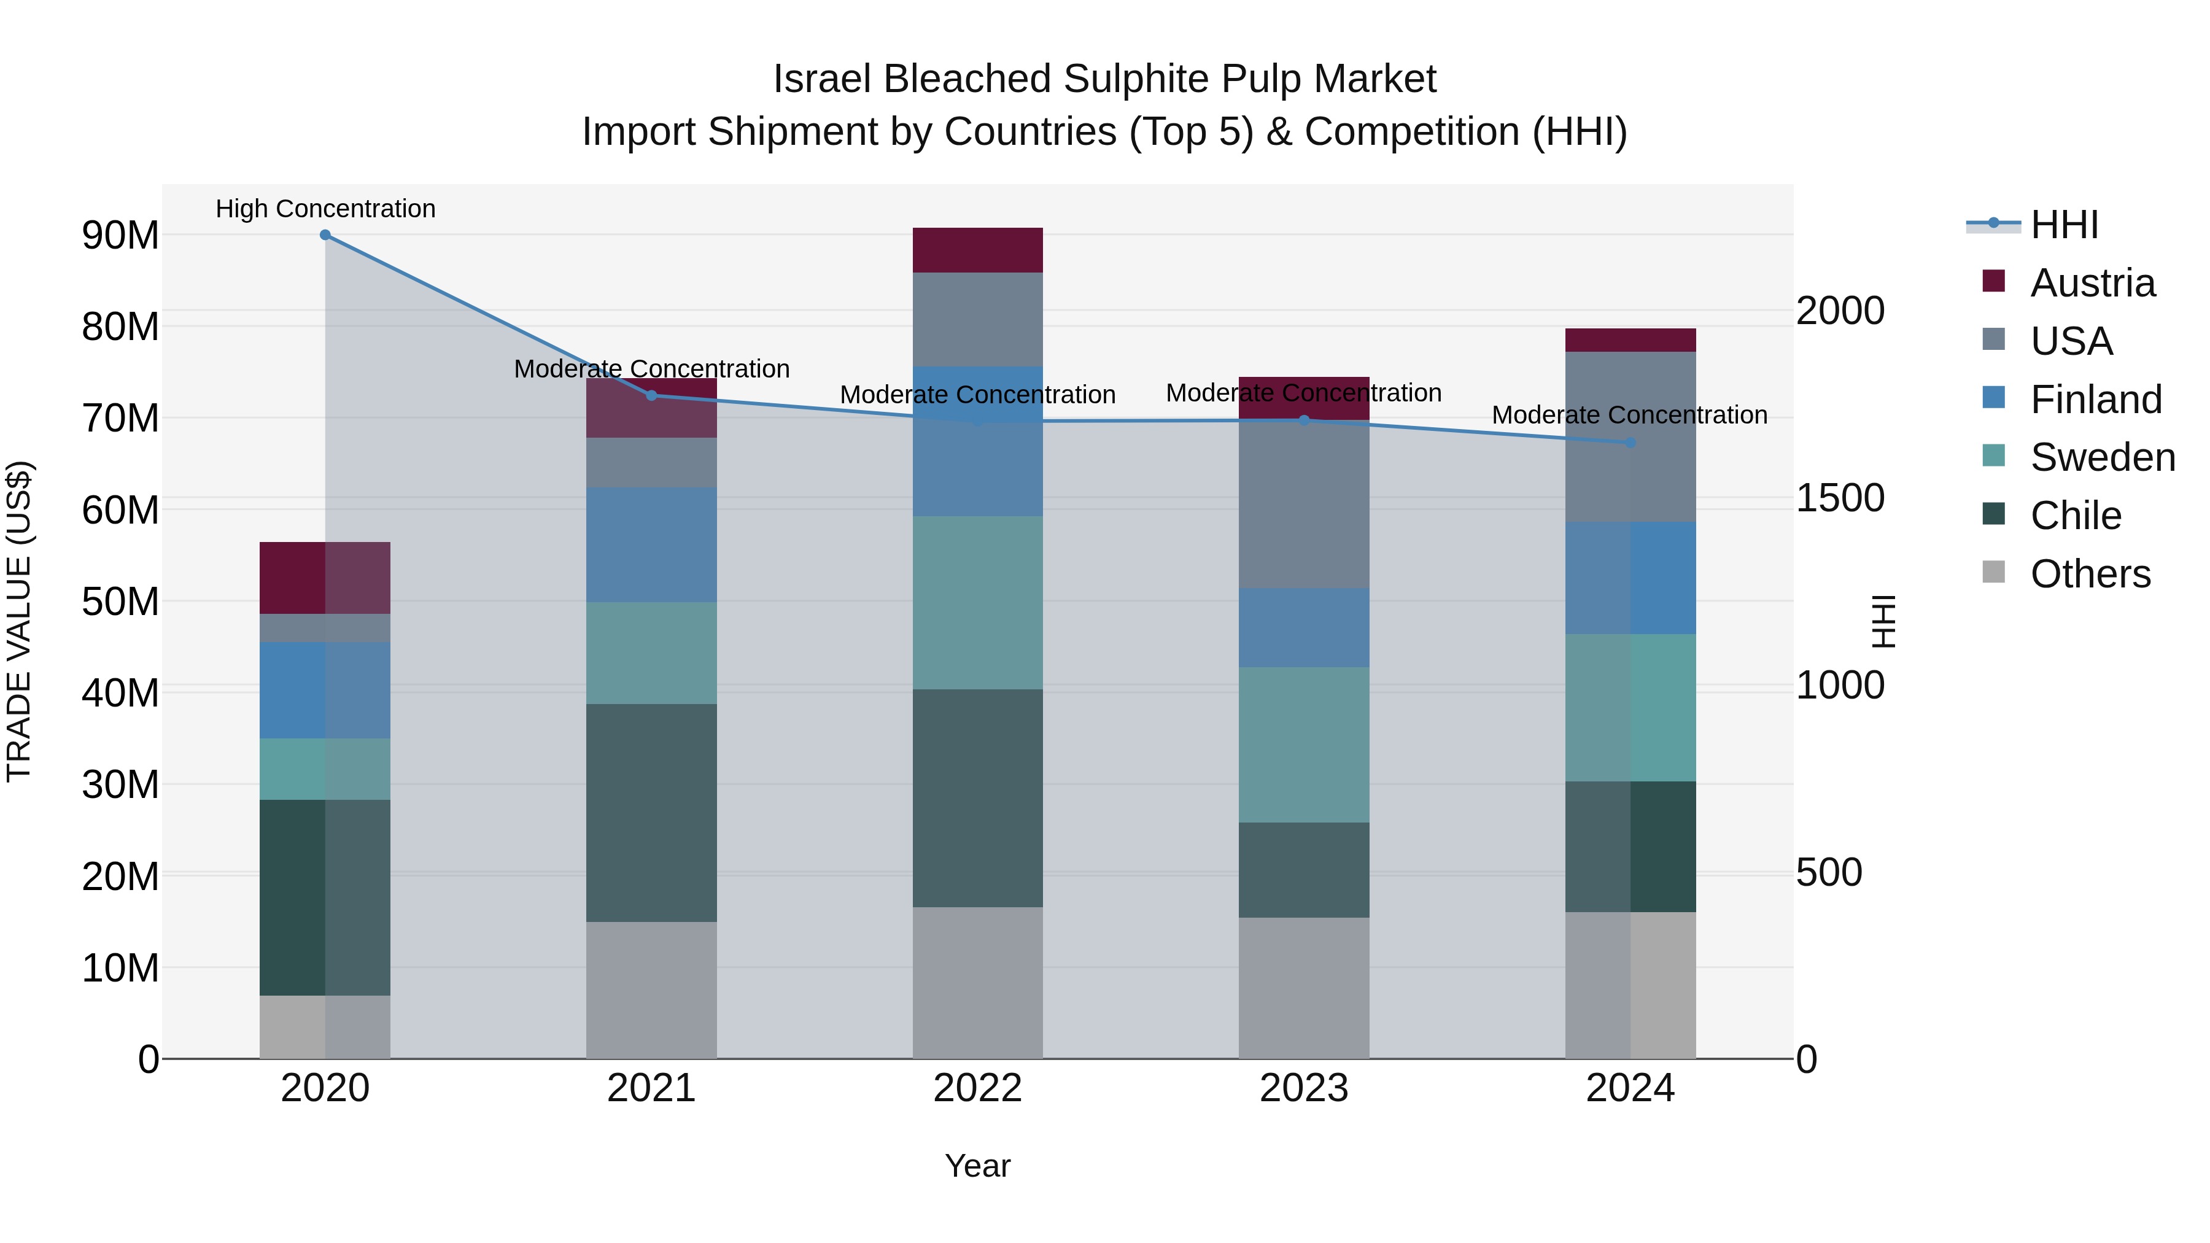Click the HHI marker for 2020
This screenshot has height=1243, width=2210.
325,235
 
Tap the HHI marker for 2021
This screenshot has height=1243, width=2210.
651,395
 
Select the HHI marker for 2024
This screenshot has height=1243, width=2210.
1630,443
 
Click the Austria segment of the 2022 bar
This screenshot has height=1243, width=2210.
977,250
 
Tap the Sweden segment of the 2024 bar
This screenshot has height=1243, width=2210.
1630,708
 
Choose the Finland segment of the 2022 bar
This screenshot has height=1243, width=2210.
977,442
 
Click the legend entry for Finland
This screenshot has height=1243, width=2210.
2095,400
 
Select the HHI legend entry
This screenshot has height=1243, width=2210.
2063,225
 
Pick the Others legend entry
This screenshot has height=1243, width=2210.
2090,574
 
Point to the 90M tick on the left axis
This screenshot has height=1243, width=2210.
120,235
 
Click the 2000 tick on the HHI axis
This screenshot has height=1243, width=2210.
1841,311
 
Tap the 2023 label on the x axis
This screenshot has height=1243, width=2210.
1303,1088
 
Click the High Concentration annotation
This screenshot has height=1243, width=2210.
325,209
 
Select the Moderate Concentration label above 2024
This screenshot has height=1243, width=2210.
1629,415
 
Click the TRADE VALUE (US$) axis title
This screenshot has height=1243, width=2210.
19,621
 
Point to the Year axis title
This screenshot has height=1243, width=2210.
977,1166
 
